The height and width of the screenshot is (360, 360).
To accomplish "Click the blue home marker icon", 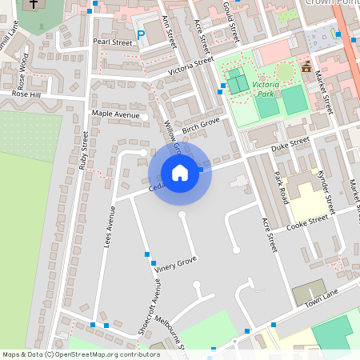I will click(180, 173).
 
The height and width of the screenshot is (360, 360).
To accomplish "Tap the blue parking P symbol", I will click(141, 34).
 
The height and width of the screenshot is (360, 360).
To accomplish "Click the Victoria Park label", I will click(265, 87).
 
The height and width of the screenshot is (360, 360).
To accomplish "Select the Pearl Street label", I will click(112, 42).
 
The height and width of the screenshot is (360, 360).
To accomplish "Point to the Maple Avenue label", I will click(115, 114).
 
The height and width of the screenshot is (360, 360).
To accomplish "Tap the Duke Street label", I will click(290, 145).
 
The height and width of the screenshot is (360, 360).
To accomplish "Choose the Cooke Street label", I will click(307, 219).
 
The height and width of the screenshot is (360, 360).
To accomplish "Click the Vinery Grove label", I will click(175, 263).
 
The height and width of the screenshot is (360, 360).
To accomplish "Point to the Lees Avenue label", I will click(110, 226).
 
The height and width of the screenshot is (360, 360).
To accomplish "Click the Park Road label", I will click(279, 186).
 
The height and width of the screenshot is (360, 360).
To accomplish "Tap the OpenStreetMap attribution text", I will click(81, 354).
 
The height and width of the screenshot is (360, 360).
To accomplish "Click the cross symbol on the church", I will click(34, 5).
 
